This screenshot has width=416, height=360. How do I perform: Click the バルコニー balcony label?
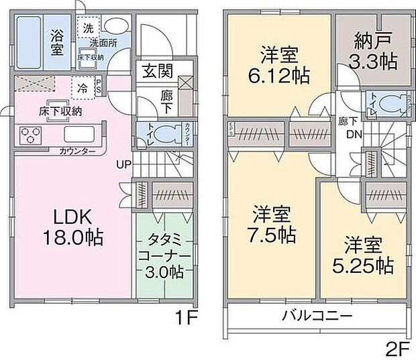(316, 316)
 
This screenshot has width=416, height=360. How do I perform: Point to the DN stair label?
(350, 133)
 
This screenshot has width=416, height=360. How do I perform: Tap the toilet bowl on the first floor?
(170, 132)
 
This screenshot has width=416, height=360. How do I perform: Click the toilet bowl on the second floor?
(389, 105)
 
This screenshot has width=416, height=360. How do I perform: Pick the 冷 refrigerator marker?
(82, 87)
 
